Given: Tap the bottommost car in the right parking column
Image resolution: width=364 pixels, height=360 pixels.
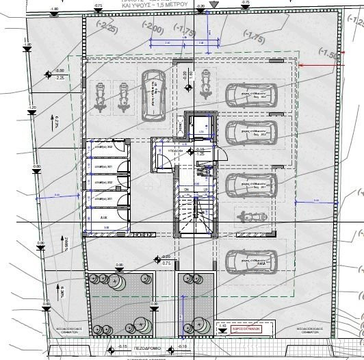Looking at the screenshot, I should click(250, 260).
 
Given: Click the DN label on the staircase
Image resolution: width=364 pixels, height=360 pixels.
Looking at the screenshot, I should click(185, 189).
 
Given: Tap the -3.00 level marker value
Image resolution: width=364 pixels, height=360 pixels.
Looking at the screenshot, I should click(60, 70).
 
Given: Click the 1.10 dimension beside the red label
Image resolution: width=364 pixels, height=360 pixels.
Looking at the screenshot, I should click(223, 325).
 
